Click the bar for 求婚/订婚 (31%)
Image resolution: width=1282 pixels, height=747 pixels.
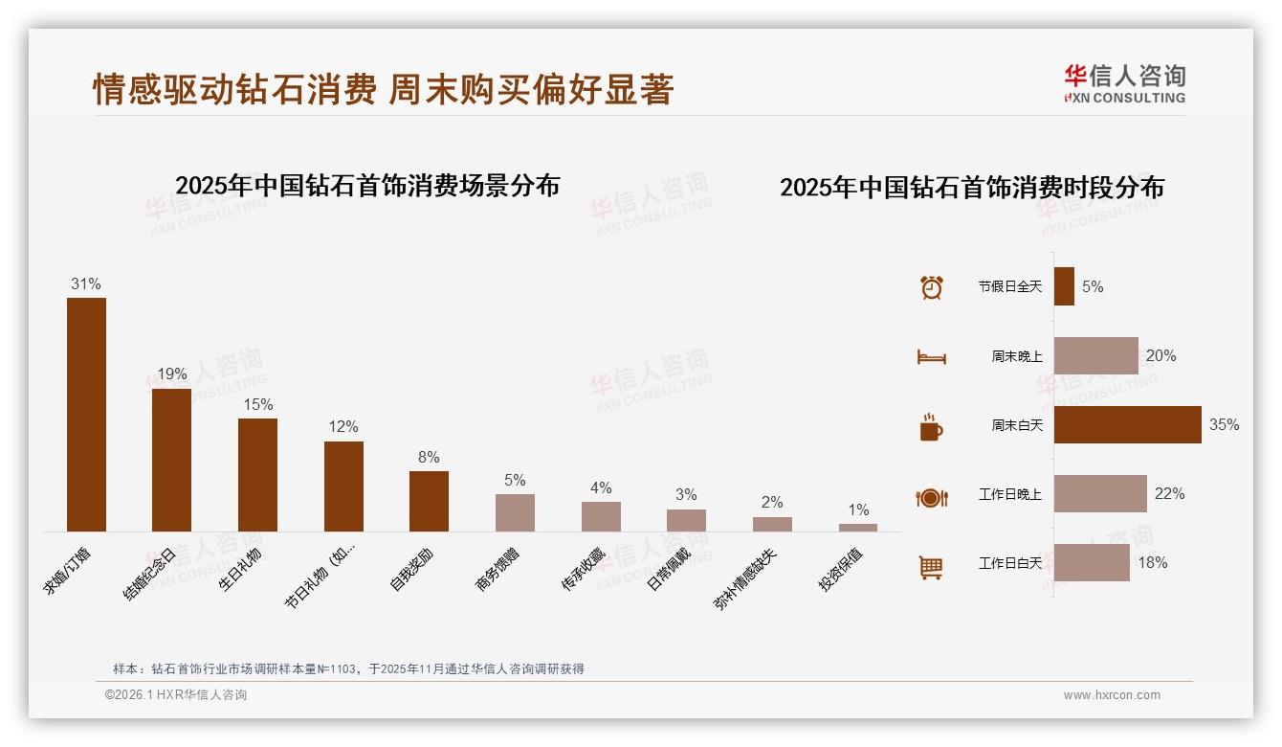tap(86, 414)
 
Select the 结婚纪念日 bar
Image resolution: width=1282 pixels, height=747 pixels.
tap(171, 460)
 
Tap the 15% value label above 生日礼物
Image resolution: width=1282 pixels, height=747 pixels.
tap(257, 404)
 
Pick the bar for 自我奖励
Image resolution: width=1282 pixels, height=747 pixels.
tap(429, 501)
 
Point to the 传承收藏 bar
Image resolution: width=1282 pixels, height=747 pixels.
tap(601, 516)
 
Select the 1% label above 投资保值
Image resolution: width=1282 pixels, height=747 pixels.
tap(858, 510)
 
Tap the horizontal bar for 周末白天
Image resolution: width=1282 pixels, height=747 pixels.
tap(1127, 424)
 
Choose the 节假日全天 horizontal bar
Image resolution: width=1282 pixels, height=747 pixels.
tap(1064, 286)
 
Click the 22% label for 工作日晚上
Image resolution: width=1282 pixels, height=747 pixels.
tap(1169, 493)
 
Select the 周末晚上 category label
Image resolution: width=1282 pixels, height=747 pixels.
tap(1016, 356)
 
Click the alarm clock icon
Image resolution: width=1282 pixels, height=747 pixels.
tap(931, 287)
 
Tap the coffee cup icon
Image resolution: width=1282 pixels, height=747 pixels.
tap(931, 427)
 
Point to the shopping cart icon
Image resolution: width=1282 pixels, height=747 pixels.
tap(931, 567)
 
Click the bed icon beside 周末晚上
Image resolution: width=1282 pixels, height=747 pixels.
tap(931, 357)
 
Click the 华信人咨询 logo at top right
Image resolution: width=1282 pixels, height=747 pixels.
tap(1124, 83)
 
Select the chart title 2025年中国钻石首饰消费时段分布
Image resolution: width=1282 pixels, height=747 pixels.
tap(971, 188)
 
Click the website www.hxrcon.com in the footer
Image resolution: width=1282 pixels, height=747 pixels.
tap(1112, 695)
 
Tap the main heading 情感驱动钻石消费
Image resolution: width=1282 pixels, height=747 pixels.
tap(234, 90)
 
